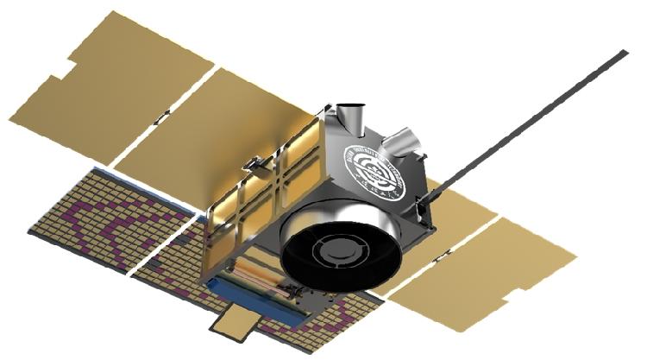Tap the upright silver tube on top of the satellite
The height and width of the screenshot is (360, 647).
(x=349, y=119)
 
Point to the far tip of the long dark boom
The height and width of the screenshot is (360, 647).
(x=623, y=54)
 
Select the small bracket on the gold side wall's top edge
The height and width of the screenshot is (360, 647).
(x=253, y=163)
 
